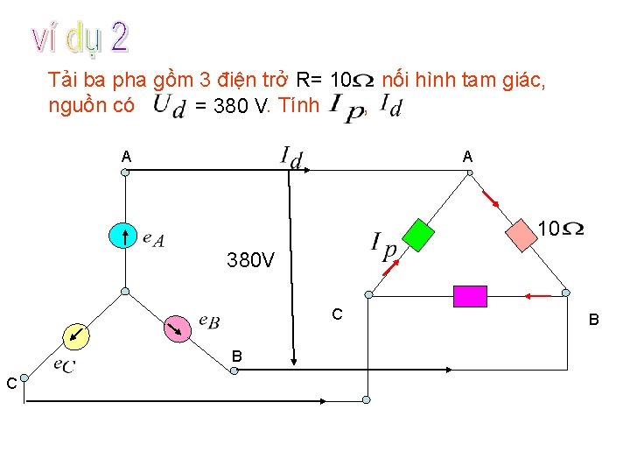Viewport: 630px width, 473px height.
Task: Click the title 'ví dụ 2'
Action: pos(81,38)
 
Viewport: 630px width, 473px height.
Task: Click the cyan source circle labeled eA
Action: pos(123,236)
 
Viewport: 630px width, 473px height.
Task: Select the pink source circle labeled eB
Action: pos(178,328)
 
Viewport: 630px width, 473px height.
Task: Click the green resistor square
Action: pos(418,235)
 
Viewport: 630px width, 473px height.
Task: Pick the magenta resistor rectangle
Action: pos(470,296)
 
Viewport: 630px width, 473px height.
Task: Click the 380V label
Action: pos(251,260)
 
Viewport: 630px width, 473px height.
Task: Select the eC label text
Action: pos(63,364)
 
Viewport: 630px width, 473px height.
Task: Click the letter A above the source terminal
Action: pos(127,156)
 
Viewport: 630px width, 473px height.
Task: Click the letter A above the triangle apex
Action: pos(468,156)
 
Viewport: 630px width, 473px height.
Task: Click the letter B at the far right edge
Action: pos(593,321)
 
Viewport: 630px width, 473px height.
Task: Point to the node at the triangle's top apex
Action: pos(469,173)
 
